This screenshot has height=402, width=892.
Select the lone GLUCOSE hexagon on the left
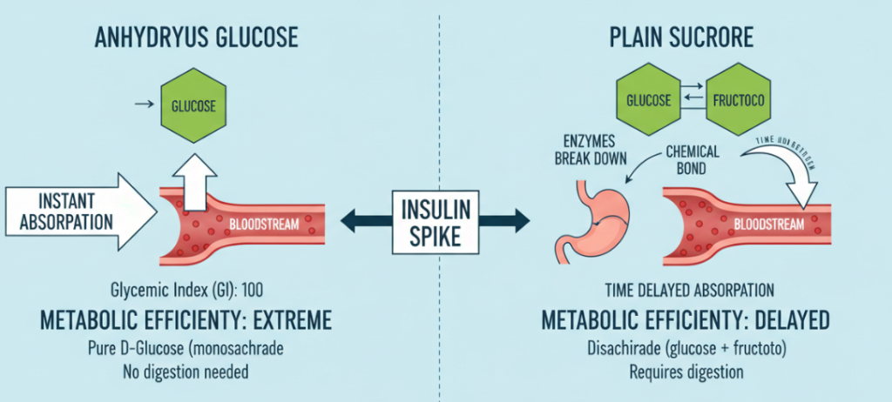click(193, 107)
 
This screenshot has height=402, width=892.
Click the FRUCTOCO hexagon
click(736, 100)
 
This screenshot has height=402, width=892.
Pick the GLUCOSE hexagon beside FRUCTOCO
click(649, 100)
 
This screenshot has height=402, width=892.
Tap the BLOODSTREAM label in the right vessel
click(767, 224)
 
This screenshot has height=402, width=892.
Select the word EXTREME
click(283, 320)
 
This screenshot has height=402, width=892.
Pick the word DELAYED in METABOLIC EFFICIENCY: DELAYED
click(788, 320)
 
